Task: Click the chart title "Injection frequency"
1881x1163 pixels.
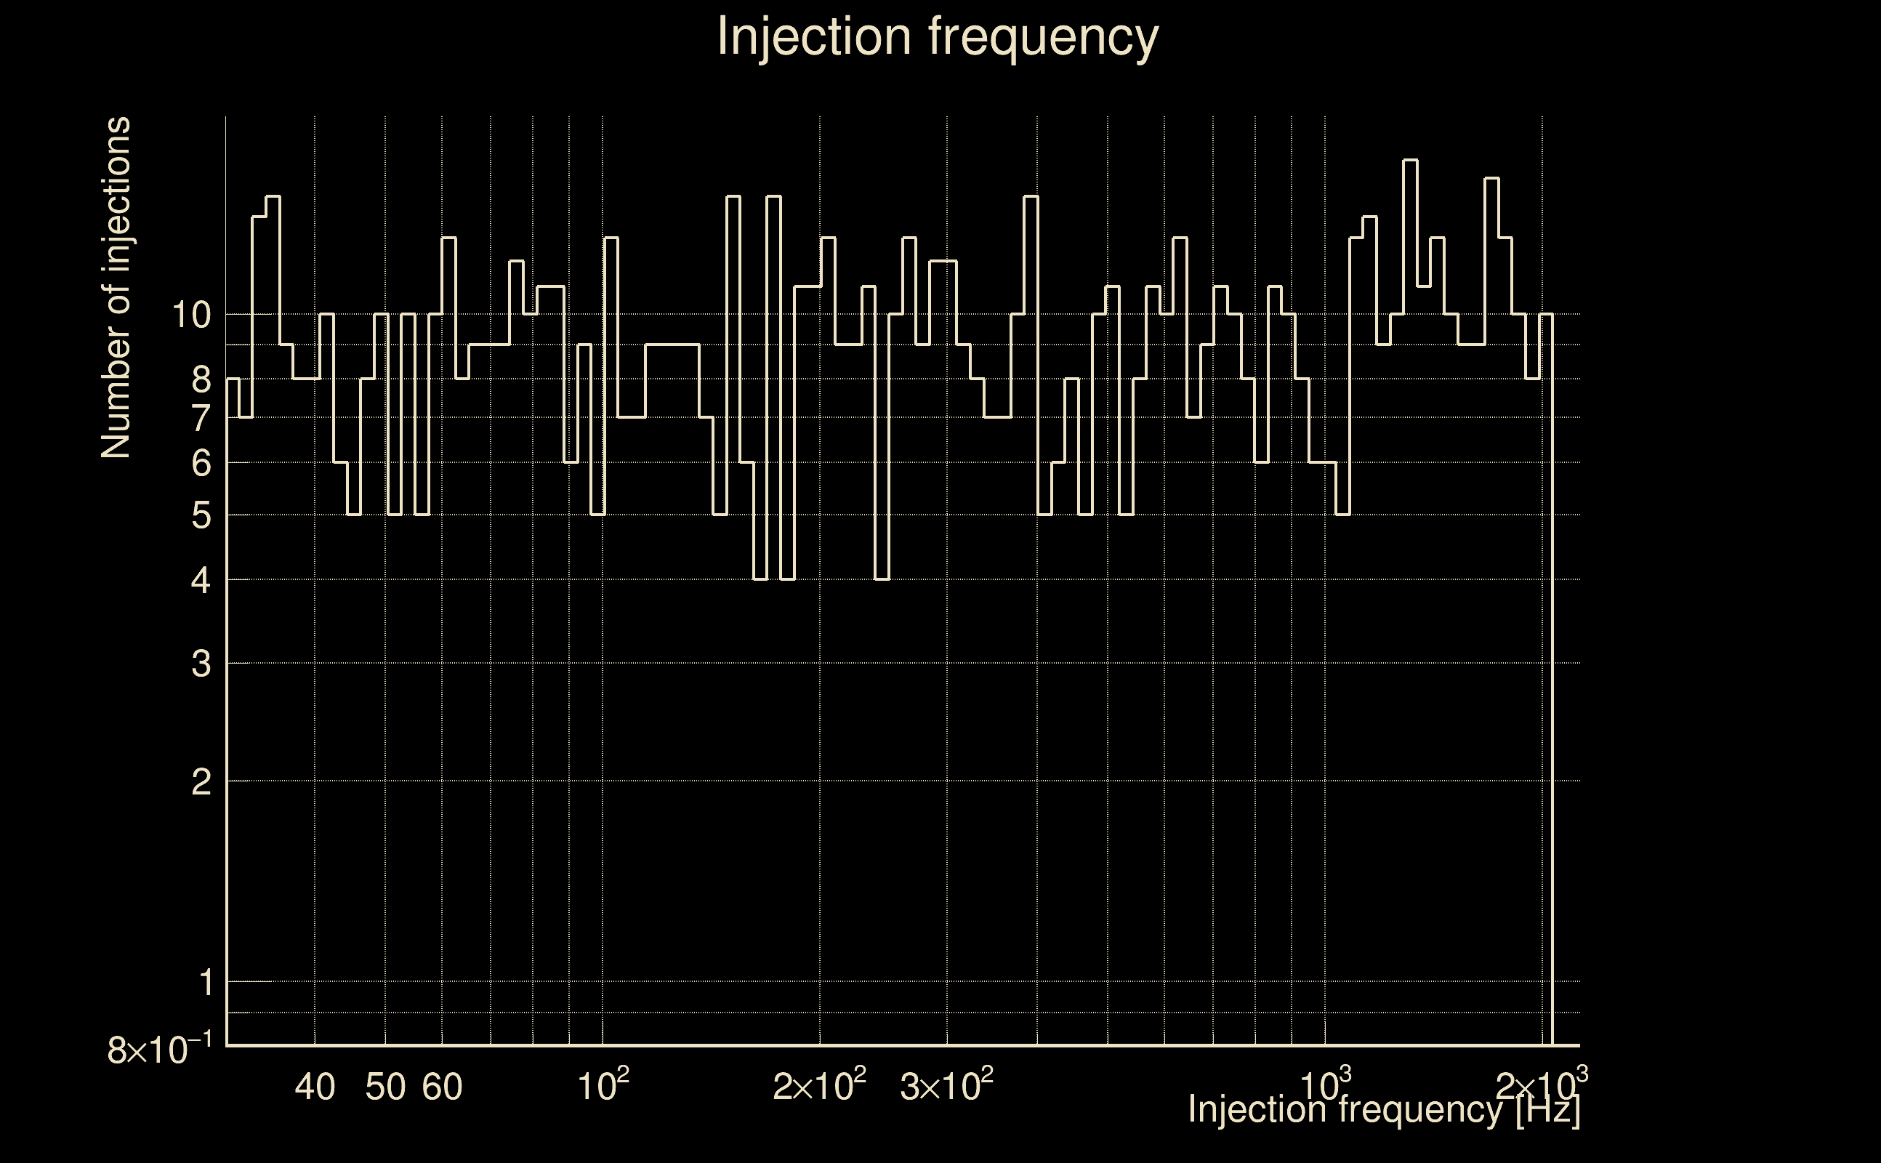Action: pyautogui.click(x=938, y=37)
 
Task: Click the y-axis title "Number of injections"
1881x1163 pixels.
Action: pyautogui.click(x=116, y=288)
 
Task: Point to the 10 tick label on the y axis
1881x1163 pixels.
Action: pyautogui.click(x=190, y=315)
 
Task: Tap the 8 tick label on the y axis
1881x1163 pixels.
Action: pyautogui.click(x=201, y=379)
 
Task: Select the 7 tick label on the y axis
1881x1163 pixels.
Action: pyautogui.click(x=201, y=419)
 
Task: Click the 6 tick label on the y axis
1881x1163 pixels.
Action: pyautogui.click(x=201, y=463)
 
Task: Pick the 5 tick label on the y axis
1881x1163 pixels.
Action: pyautogui.click(x=201, y=515)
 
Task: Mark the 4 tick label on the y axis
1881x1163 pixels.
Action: pyautogui.click(x=201, y=580)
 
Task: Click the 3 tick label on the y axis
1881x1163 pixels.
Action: pyautogui.click(x=201, y=663)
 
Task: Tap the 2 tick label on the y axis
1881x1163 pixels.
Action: pyautogui.click(x=201, y=781)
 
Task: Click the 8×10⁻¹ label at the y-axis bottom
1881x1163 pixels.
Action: pyautogui.click(x=160, y=1049)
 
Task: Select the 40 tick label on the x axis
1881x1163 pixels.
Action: pyautogui.click(x=315, y=1087)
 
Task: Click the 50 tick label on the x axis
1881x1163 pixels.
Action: pyautogui.click(x=385, y=1087)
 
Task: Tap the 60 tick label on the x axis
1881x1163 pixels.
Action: pyautogui.click(x=442, y=1087)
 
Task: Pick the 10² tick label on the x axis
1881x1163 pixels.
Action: pyautogui.click(x=604, y=1084)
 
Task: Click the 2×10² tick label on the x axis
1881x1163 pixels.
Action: pyautogui.click(x=820, y=1084)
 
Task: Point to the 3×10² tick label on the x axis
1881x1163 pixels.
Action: pyautogui.click(x=946, y=1084)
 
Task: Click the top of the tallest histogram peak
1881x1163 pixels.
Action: pyautogui.click(x=1410, y=160)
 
